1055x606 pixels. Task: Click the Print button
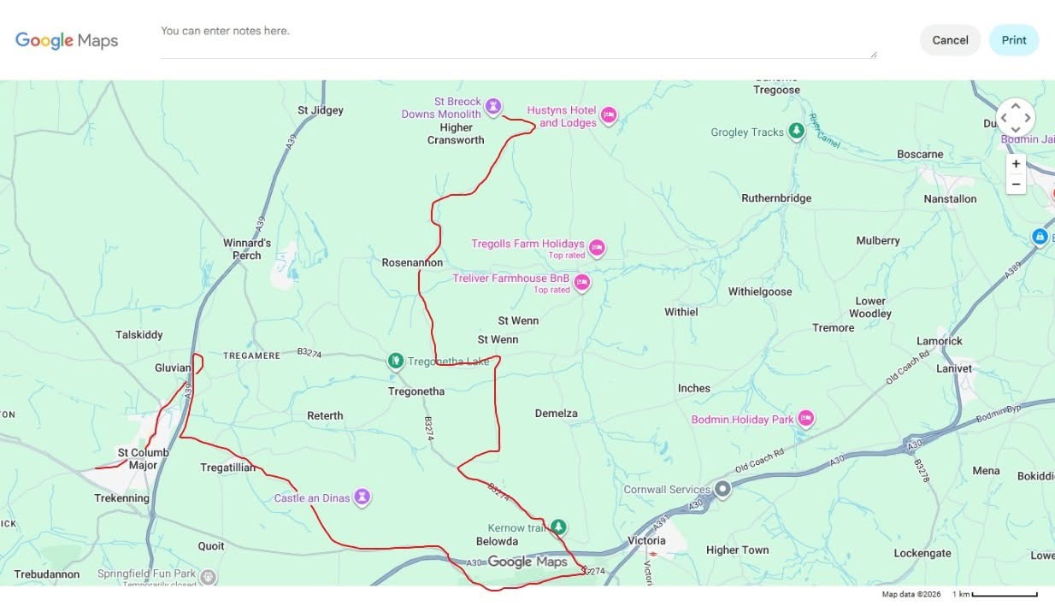click(x=1013, y=40)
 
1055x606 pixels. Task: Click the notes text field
click(x=517, y=40)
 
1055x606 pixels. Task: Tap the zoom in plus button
click(x=1016, y=164)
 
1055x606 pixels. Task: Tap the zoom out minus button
click(x=1016, y=185)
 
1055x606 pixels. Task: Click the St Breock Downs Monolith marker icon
click(x=493, y=106)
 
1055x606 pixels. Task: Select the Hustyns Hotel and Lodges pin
click(x=609, y=115)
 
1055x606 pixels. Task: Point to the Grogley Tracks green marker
click(x=797, y=131)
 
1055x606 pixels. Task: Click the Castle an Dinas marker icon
click(x=362, y=496)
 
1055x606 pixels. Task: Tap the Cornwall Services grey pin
click(x=722, y=489)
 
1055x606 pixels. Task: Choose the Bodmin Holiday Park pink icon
click(x=805, y=418)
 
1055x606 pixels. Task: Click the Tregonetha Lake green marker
click(x=396, y=361)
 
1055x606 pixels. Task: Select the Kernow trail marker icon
click(x=558, y=527)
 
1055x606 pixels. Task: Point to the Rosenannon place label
click(x=412, y=263)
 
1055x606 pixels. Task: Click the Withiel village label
click(x=681, y=312)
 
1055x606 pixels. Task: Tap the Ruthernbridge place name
click(x=776, y=198)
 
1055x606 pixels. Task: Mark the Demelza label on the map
click(x=557, y=414)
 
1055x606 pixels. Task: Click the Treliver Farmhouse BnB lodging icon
click(x=582, y=282)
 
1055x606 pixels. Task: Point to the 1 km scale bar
click(x=1005, y=594)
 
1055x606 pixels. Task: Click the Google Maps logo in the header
click(x=67, y=40)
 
